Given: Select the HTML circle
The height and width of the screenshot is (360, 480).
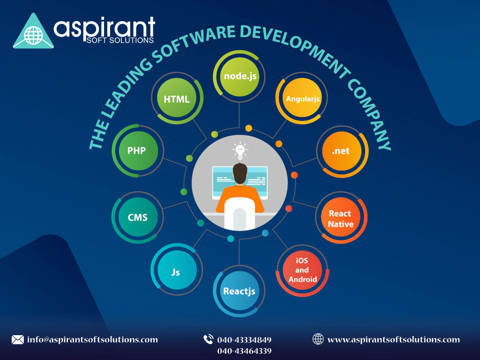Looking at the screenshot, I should (177, 99).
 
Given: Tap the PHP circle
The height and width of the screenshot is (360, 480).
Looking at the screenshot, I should (136, 151).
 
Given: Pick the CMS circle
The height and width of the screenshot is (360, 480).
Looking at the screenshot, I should (137, 217).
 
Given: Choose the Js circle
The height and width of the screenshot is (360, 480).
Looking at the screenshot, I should (176, 271).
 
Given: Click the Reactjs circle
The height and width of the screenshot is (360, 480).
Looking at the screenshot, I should (239, 291).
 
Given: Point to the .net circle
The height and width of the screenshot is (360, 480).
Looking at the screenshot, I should (341, 151).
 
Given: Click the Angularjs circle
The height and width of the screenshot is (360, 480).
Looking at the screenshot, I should (300, 99).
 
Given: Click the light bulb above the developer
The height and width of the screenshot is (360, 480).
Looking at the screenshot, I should (240, 150).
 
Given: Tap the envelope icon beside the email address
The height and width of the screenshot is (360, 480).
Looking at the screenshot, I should (17, 339).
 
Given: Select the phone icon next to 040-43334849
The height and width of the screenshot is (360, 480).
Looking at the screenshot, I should (208, 339).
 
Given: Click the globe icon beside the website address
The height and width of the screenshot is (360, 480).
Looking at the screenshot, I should (318, 339).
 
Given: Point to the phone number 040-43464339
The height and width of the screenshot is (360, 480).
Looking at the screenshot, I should (244, 351).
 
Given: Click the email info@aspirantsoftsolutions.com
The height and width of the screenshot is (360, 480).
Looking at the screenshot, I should (92, 339).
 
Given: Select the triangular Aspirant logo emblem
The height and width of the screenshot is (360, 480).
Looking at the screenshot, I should (33, 31).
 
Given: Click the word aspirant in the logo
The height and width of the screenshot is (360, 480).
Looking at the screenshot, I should (104, 28).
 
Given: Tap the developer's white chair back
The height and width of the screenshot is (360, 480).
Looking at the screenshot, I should (240, 214).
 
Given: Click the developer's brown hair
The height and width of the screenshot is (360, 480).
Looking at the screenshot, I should (240, 173).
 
